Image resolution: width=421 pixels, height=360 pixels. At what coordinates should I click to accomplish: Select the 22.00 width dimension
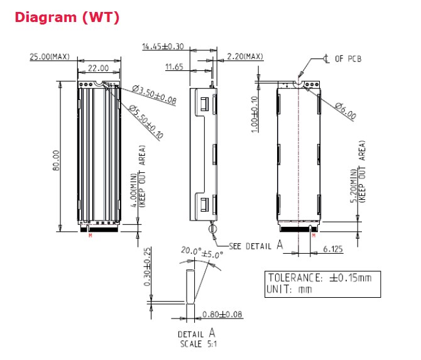point(98,68)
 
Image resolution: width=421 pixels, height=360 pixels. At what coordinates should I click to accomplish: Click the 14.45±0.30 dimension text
point(163,46)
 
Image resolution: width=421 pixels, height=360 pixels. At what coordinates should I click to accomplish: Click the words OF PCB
point(347,59)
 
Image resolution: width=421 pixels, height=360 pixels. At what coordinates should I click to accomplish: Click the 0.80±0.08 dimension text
point(222,314)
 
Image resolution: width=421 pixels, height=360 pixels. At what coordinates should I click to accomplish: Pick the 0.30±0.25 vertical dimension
point(148,268)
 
